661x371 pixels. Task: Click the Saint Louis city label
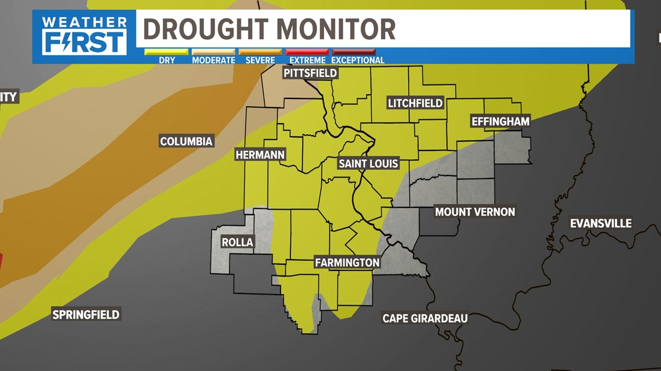tap(368, 163)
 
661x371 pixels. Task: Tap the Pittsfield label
tap(310, 73)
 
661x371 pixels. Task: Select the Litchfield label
tap(415, 104)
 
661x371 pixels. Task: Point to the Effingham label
tap(500, 122)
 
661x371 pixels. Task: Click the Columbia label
tap(186, 141)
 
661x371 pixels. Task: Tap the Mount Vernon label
tap(475, 212)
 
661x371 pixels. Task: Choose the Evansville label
tap(601, 223)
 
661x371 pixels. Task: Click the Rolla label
tap(237, 242)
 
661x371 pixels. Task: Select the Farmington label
tap(347, 263)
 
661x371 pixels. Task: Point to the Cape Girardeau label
tap(425, 318)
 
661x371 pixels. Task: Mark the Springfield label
tap(86, 314)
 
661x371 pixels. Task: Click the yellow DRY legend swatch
tap(166, 52)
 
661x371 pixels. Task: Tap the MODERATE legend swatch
tap(213, 52)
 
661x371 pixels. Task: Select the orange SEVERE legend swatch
tap(260, 52)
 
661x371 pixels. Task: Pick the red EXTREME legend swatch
tap(307, 52)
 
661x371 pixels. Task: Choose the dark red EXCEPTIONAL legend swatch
tap(354, 52)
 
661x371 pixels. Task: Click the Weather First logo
tap(85, 35)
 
